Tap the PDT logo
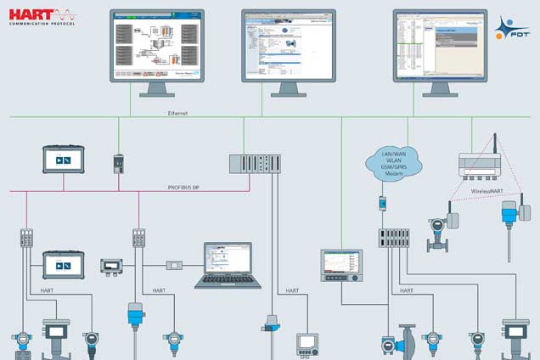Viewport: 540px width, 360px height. (x=512, y=26)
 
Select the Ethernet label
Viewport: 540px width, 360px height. (x=177, y=111)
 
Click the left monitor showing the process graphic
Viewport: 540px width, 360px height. (x=156, y=46)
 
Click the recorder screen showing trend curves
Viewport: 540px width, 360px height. (x=340, y=266)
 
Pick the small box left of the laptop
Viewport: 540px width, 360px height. (x=175, y=265)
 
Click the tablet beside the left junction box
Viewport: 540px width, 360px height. (x=65, y=265)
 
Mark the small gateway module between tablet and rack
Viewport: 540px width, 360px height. (x=119, y=162)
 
